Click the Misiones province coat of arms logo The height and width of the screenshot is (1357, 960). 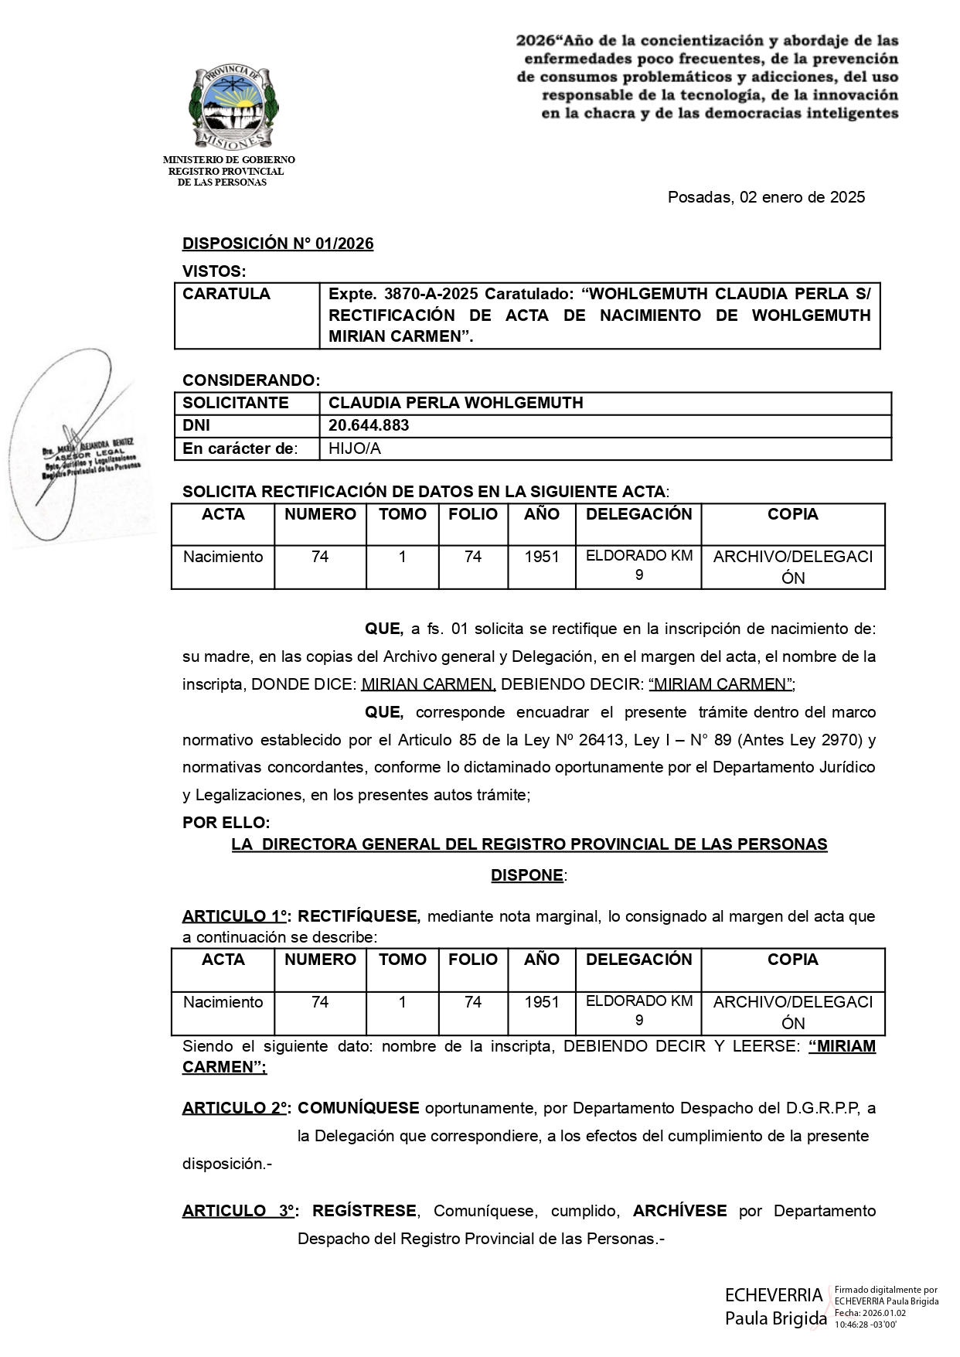point(233,107)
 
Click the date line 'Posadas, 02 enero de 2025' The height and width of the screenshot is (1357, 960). point(765,197)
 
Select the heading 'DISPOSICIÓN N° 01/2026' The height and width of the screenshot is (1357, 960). point(277,244)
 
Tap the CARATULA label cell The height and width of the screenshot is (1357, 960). point(226,295)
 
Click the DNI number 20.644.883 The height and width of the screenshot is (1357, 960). point(369,426)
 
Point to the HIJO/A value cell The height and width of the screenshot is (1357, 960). point(355,449)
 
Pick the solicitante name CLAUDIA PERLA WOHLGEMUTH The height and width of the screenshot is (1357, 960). point(455,403)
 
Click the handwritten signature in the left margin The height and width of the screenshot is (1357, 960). point(77,448)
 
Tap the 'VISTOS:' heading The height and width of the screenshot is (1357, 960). point(214,271)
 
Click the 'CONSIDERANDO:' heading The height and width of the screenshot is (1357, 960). point(250,380)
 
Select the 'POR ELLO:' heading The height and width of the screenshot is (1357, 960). point(226,823)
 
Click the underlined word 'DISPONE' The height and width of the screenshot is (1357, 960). point(527,875)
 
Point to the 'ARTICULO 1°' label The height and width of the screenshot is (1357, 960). point(236,916)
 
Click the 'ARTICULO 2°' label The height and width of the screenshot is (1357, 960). point(236,1108)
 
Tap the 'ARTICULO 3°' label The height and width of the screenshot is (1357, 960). point(238,1211)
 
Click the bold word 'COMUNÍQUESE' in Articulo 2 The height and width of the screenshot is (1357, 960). point(359,1108)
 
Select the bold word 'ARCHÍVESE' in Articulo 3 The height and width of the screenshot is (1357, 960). point(679,1211)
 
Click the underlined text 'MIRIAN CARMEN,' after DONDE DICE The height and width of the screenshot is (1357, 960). point(428,684)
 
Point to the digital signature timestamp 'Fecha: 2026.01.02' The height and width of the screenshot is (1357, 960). point(870,1313)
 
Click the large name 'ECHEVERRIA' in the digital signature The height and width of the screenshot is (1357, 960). point(773,1295)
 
